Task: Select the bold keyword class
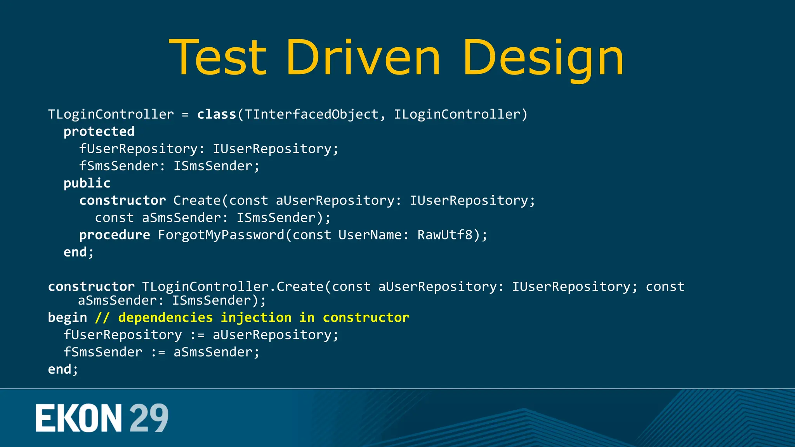point(217,114)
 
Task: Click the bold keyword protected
point(99,132)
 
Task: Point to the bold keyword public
point(87,183)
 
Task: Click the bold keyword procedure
point(115,235)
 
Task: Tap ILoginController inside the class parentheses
point(457,114)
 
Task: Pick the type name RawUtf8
point(445,235)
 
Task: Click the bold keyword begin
point(67,317)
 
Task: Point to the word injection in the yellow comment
point(256,317)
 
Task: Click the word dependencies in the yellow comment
point(165,317)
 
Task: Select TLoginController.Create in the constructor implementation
point(233,287)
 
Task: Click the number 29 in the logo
point(149,418)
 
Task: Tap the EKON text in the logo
point(79,418)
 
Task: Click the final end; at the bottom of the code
point(63,369)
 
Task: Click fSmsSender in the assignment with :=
point(103,352)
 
